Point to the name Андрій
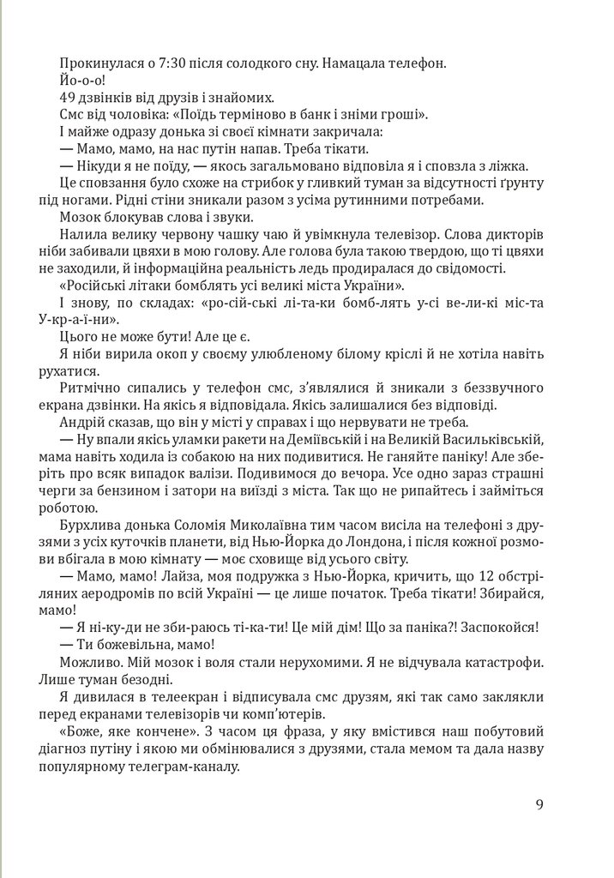pos(82,424)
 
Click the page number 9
pos(539,804)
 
